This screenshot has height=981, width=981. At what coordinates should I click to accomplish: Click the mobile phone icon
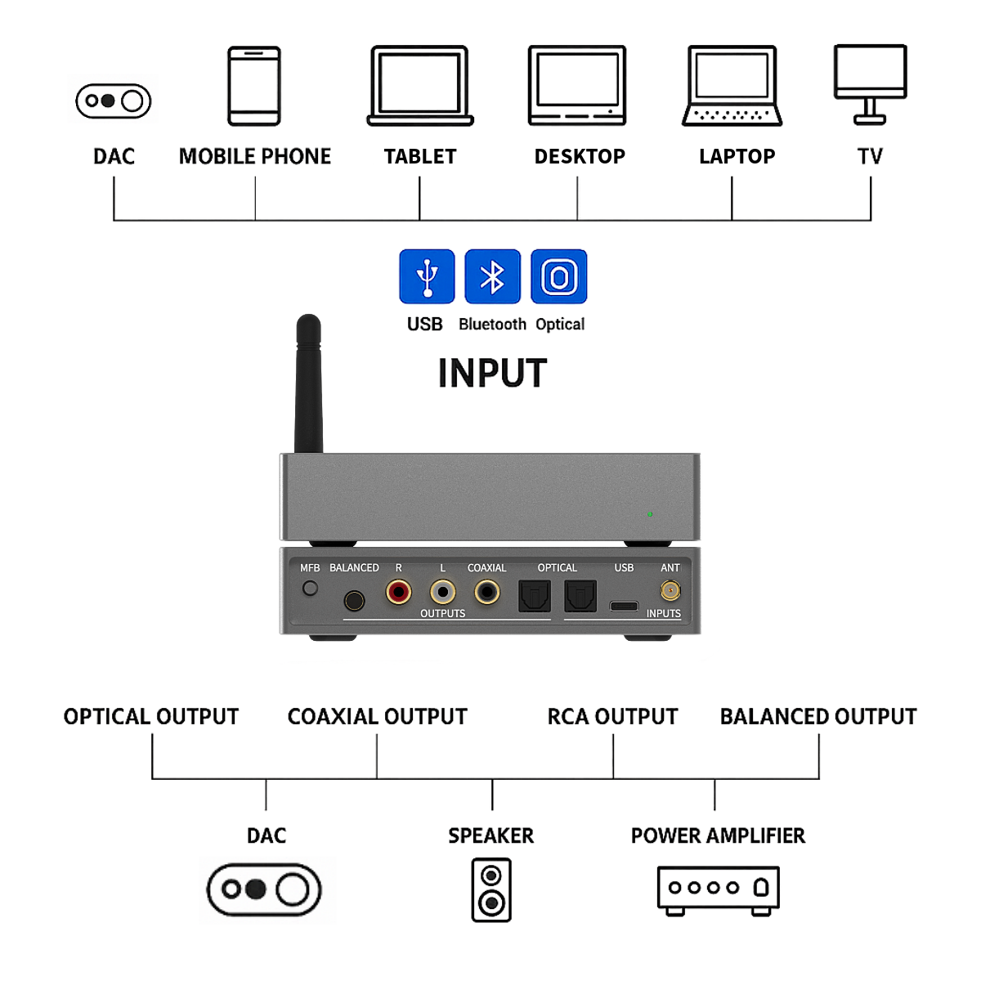tap(254, 86)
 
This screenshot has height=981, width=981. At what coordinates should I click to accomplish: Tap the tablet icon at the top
tap(420, 86)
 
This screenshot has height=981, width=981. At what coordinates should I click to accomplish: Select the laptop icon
tap(732, 86)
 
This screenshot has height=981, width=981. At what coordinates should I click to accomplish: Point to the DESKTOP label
tap(580, 156)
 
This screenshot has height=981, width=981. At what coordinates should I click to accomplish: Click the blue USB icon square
tap(427, 276)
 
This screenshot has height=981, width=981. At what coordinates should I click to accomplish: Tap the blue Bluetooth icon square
tap(492, 276)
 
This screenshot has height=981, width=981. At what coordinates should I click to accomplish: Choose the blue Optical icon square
tap(559, 276)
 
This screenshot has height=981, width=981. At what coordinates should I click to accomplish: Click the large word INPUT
tap(492, 374)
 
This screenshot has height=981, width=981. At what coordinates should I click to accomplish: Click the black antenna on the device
tap(308, 384)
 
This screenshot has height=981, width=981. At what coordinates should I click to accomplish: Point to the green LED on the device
tap(650, 514)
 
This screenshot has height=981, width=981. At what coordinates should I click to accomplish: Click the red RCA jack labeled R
tap(399, 591)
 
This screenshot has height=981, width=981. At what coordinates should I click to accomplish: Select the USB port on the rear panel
tap(624, 606)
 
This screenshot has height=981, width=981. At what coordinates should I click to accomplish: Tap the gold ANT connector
tap(670, 590)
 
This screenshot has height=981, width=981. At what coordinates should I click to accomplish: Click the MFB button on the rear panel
tap(310, 588)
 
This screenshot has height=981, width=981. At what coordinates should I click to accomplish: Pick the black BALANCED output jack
tap(354, 601)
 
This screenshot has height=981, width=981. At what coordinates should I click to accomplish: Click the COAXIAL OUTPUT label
tap(377, 717)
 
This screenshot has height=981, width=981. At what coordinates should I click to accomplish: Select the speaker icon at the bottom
tap(491, 889)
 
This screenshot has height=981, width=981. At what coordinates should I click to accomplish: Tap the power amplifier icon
tap(718, 889)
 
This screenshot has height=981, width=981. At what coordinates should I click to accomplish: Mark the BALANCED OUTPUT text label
tap(818, 717)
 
